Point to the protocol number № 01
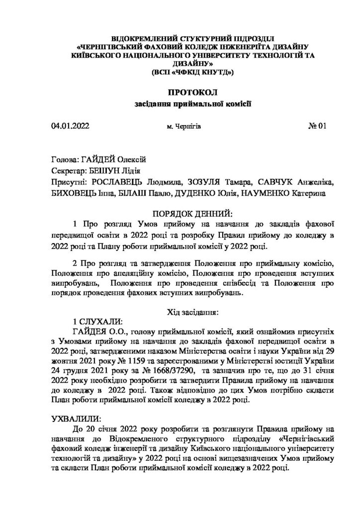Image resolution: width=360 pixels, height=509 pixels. click(317, 126)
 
